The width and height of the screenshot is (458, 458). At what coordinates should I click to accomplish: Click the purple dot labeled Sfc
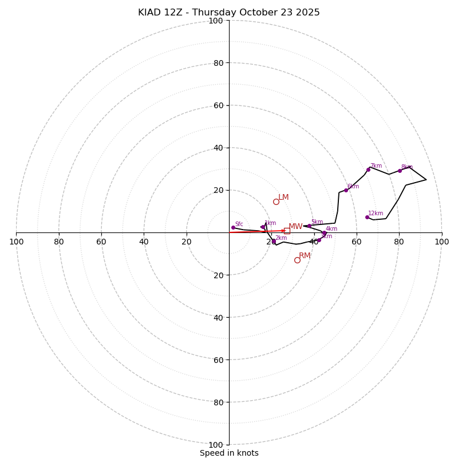point(233,227)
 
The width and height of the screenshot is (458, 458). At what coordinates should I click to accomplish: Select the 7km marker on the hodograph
point(368,169)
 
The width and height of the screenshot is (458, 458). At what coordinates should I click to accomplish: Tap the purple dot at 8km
point(400,171)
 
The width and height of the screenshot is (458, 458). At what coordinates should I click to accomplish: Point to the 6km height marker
point(346,190)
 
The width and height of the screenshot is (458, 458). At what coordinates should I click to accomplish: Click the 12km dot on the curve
point(367,217)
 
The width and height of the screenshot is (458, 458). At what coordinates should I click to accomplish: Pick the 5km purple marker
point(309,226)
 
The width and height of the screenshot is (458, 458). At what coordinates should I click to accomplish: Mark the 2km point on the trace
point(274,241)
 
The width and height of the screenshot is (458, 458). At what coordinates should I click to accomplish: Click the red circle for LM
point(276,202)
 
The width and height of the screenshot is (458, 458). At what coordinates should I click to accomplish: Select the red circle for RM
point(297,260)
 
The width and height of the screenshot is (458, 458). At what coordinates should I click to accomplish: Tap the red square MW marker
point(287,231)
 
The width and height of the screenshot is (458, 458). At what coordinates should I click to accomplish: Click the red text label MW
point(295,227)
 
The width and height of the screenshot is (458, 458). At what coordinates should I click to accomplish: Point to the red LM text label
point(283,198)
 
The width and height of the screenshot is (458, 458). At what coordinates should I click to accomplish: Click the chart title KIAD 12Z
point(229,13)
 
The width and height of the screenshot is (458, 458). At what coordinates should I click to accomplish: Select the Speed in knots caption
point(229,453)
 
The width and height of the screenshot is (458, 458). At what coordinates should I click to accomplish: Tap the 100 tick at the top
point(216,21)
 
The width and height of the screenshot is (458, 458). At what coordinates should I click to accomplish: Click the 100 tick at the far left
point(16,242)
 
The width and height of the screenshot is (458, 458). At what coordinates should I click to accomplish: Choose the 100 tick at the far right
point(442,242)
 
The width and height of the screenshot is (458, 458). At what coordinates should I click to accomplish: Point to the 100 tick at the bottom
point(216,445)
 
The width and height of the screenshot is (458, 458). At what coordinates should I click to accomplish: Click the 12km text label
point(376,214)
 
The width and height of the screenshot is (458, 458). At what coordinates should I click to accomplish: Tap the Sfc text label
point(239,224)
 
